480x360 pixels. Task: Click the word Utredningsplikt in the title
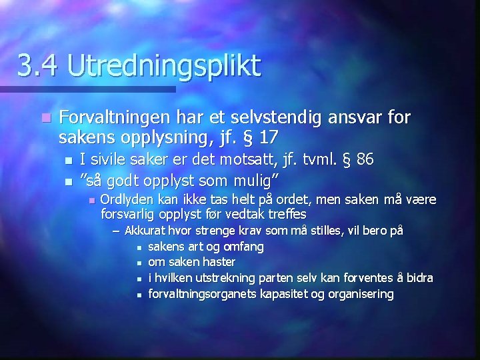pos(164,66)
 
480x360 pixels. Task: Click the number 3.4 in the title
pos(37,66)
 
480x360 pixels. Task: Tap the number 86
pos(365,160)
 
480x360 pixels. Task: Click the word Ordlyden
pos(124,199)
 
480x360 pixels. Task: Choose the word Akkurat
pos(145,231)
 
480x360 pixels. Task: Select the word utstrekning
pos(225,278)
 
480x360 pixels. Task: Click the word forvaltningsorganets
pos(201,294)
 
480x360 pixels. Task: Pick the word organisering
pos(359,294)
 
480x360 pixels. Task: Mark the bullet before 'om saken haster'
pos(139,263)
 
